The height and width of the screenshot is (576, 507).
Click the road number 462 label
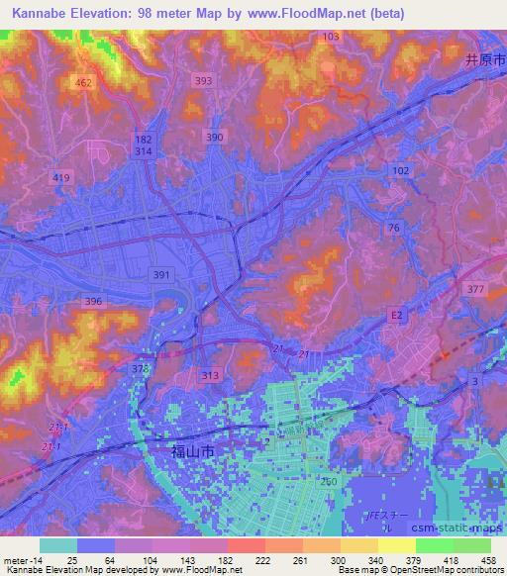coord(83,84)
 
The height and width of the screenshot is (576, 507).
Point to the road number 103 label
coord(331,37)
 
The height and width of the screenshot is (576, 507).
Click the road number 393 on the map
coord(204,81)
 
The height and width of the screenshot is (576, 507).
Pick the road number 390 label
coord(214,138)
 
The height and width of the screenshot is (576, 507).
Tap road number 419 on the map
coord(62,177)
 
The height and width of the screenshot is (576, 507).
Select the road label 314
coord(144,155)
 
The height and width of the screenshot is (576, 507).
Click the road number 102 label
coord(400,171)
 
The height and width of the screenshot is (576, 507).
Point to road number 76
coord(394,228)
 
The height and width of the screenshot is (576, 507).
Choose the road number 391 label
coord(161,273)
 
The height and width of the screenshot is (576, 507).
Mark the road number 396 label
coord(94,301)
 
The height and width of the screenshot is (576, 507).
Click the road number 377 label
coord(476,289)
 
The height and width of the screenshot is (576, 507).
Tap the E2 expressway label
coord(397,315)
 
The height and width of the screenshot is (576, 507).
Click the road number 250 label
coord(329,480)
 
